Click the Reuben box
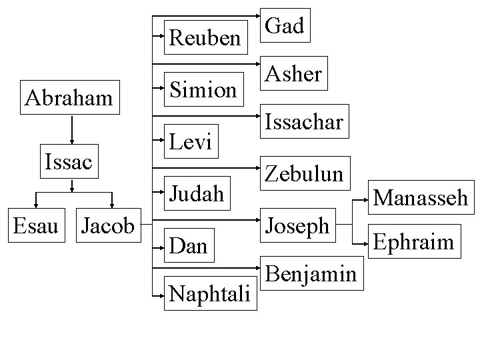[205, 37]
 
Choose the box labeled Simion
[203, 89]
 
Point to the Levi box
[191, 141]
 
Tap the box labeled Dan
[187, 246]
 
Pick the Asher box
[294, 73]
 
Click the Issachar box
[304, 121]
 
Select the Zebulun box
[304, 173]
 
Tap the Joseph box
[298, 225]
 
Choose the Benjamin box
[311, 273]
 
